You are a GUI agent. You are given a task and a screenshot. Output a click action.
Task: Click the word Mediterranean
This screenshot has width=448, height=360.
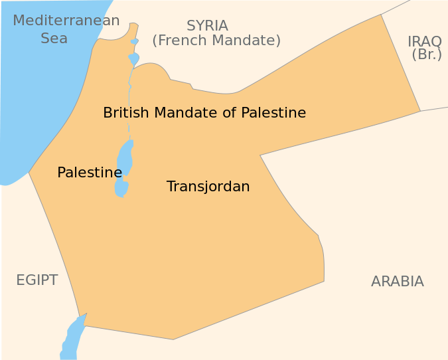click(66, 21)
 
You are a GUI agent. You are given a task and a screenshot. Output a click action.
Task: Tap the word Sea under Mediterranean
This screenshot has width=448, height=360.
click(54, 39)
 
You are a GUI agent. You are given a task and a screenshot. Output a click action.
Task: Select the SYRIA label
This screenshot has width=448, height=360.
click(207, 26)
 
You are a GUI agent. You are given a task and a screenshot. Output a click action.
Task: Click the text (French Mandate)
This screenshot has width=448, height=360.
click(216, 41)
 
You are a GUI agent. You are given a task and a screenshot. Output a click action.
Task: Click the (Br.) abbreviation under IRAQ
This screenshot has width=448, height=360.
click(427, 55)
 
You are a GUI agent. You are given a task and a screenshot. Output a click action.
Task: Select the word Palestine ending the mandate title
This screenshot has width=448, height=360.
click(273, 113)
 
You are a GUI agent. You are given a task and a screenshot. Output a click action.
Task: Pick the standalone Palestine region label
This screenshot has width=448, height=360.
click(90, 173)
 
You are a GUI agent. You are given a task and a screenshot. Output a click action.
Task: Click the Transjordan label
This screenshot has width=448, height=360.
click(208, 187)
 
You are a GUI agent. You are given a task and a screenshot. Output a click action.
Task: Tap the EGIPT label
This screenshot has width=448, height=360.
click(37, 280)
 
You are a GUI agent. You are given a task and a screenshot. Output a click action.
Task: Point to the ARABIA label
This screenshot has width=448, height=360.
click(398, 282)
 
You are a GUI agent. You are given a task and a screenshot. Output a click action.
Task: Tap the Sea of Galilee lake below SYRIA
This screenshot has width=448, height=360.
click(133, 59)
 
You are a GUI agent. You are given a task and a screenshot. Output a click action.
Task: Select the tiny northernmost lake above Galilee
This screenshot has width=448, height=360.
click(134, 42)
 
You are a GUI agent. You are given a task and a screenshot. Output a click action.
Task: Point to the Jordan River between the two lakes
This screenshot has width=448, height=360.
click(129, 100)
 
